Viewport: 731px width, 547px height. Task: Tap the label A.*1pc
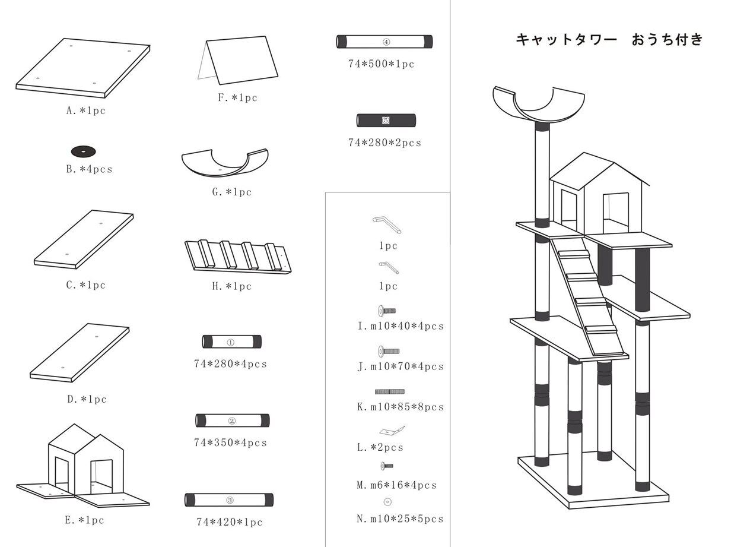click(86, 110)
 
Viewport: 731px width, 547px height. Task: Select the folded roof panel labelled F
click(240, 62)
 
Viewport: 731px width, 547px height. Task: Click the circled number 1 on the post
click(231, 342)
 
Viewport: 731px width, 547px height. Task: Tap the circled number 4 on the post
click(386, 42)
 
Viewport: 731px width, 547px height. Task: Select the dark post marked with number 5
click(386, 121)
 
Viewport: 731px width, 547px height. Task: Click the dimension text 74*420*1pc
click(229, 522)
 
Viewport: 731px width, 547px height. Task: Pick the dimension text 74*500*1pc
click(381, 64)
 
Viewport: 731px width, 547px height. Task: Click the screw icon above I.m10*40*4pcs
click(386, 311)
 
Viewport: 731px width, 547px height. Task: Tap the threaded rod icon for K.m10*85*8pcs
click(390, 391)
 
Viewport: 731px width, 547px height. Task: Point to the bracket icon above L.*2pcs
click(392, 430)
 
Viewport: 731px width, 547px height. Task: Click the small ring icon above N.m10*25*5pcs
click(387, 502)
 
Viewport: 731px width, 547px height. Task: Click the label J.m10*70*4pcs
click(400, 366)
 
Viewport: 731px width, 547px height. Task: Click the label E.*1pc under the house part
click(85, 520)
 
